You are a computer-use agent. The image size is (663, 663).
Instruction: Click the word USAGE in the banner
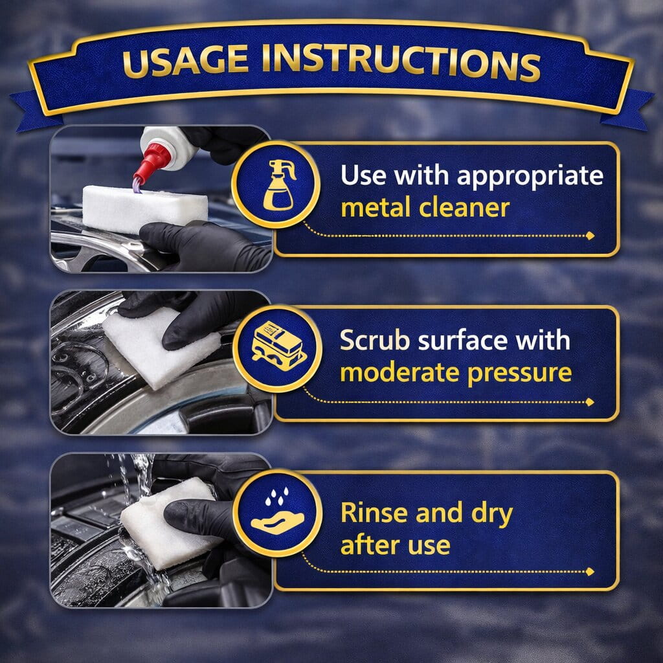click(185, 60)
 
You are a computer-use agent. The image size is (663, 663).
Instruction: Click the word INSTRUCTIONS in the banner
click(401, 62)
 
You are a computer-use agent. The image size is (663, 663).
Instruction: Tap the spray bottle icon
click(279, 185)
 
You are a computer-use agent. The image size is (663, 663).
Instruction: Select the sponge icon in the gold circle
click(278, 347)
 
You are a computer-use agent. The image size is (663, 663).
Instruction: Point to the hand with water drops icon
click(277, 511)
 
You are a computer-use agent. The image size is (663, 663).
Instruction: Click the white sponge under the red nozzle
click(145, 208)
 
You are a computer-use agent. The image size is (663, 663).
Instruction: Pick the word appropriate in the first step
click(530, 176)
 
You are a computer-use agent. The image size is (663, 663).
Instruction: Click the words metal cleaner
click(425, 208)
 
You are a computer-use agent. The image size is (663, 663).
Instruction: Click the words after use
click(396, 545)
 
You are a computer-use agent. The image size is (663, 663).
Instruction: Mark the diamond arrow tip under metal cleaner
click(590, 236)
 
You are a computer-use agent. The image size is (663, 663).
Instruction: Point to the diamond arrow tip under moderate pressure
click(590, 402)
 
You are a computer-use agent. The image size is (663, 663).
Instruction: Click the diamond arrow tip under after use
click(590, 572)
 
